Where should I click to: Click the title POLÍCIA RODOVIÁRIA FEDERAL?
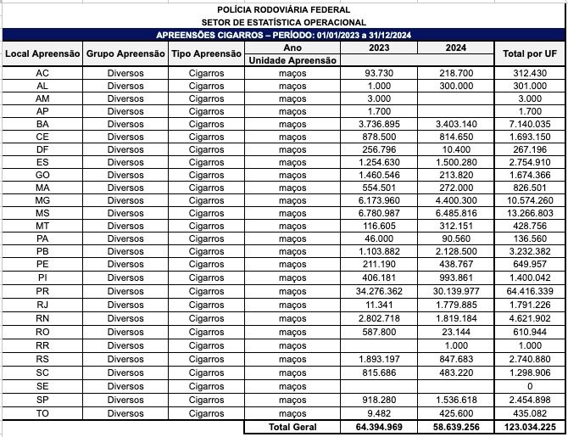[284, 9]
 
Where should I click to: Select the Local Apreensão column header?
[42, 53]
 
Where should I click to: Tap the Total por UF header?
[530, 53]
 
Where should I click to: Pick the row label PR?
[42, 291]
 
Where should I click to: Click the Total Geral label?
[292, 427]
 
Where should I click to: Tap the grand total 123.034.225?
[530, 427]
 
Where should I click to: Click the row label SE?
[42, 386]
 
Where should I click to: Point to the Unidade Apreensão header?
[292, 60]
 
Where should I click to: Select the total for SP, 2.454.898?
[530, 400]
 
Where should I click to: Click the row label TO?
[42, 413]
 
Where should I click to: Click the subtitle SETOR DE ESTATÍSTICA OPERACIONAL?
[284, 22]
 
